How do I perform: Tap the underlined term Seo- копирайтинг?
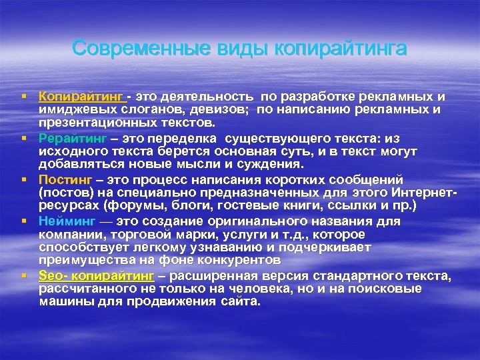[96, 275]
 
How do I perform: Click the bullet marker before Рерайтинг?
[23, 138]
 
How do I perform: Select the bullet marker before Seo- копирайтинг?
[23, 275]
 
